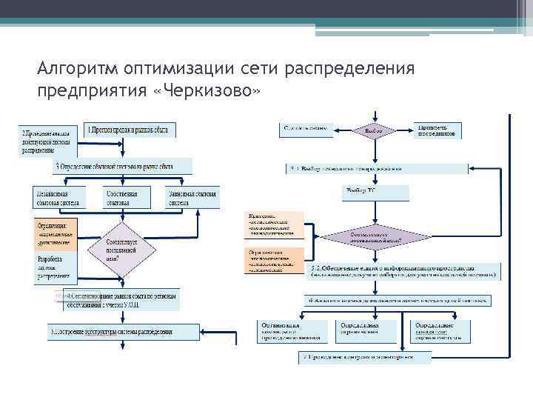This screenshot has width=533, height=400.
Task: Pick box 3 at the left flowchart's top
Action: [x=122, y=166]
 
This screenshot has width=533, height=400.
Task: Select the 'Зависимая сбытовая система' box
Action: [x=192, y=197]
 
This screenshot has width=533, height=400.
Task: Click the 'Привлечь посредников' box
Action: [x=438, y=130]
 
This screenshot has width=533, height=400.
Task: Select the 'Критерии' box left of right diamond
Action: [x=274, y=224]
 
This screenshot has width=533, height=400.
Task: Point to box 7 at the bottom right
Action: [x=366, y=357]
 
